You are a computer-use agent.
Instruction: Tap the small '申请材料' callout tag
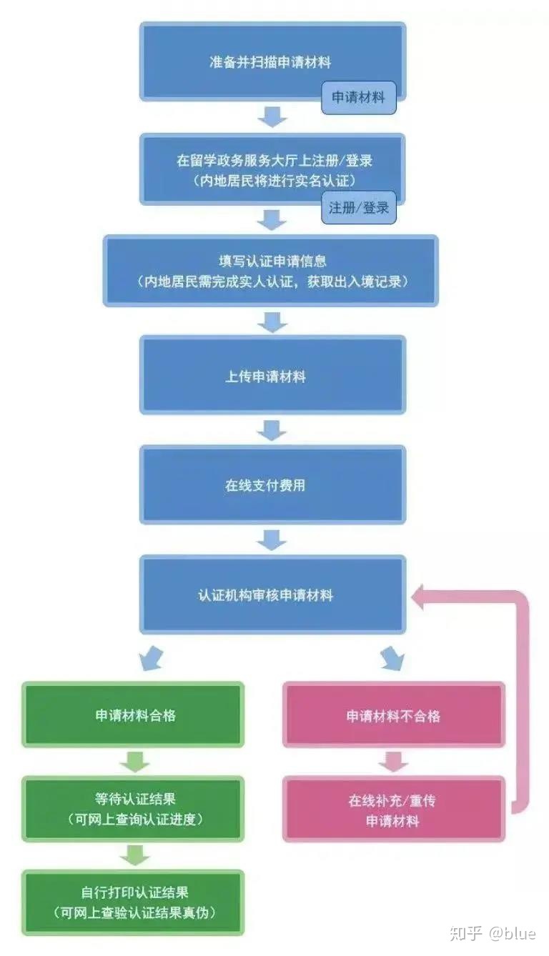359,98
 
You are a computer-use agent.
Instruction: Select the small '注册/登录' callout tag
359,208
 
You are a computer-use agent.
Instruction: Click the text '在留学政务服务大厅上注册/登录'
274,161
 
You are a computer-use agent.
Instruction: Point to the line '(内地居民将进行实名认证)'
274,181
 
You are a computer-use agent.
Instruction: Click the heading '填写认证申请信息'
272,261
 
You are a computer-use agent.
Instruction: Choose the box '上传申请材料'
272,374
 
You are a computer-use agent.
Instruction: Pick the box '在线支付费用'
272,484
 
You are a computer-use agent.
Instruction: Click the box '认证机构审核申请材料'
272,594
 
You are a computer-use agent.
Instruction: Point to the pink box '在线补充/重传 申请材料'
394,810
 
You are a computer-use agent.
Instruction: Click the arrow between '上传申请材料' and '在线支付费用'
272,430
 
